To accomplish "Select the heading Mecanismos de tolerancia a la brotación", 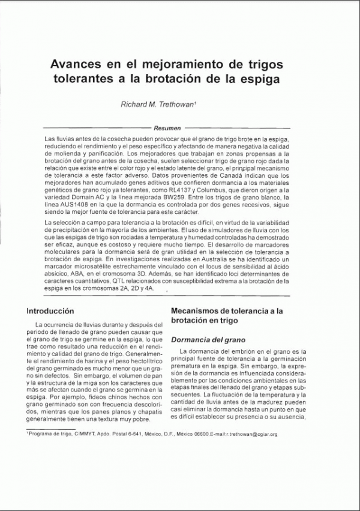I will (x=227, y=316).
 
